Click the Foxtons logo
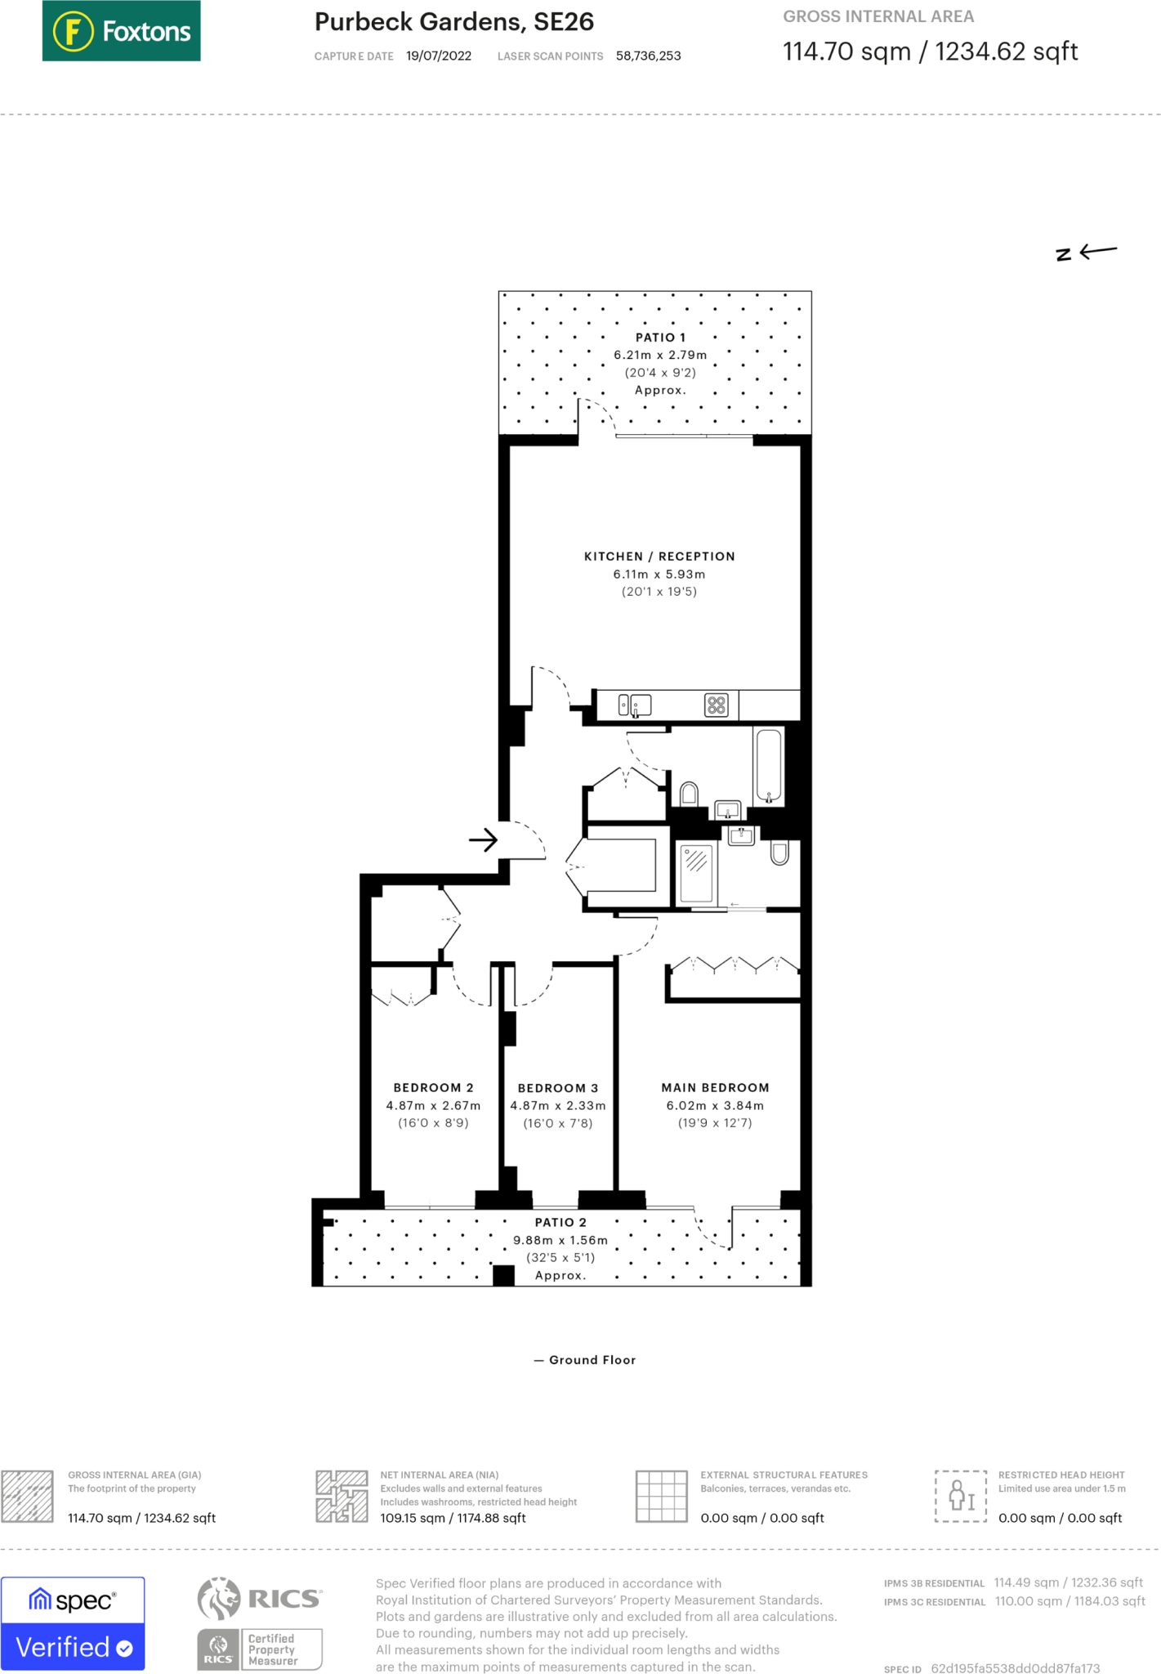click(x=121, y=31)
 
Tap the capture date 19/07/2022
click(x=438, y=56)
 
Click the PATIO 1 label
click(x=660, y=338)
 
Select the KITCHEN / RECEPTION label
click(x=659, y=557)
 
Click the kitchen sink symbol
click(x=635, y=705)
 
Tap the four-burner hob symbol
click(x=717, y=705)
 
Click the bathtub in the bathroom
click(x=769, y=765)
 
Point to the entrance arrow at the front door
click(x=483, y=839)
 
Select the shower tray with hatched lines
click(x=696, y=873)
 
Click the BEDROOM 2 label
click(x=433, y=1088)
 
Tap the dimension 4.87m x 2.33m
click(x=558, y=1106)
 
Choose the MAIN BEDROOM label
click(x=715, y=1088)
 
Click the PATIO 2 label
click(x=560, y=1223)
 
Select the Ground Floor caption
click(x=592, y=1360)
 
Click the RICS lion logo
click(x=219, y=1598)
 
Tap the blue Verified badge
click(x=73, y=1647)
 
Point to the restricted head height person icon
click(x=961, y=1496)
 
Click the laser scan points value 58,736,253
click(x=648, y=56)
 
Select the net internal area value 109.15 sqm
click(x=453, y=1518)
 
